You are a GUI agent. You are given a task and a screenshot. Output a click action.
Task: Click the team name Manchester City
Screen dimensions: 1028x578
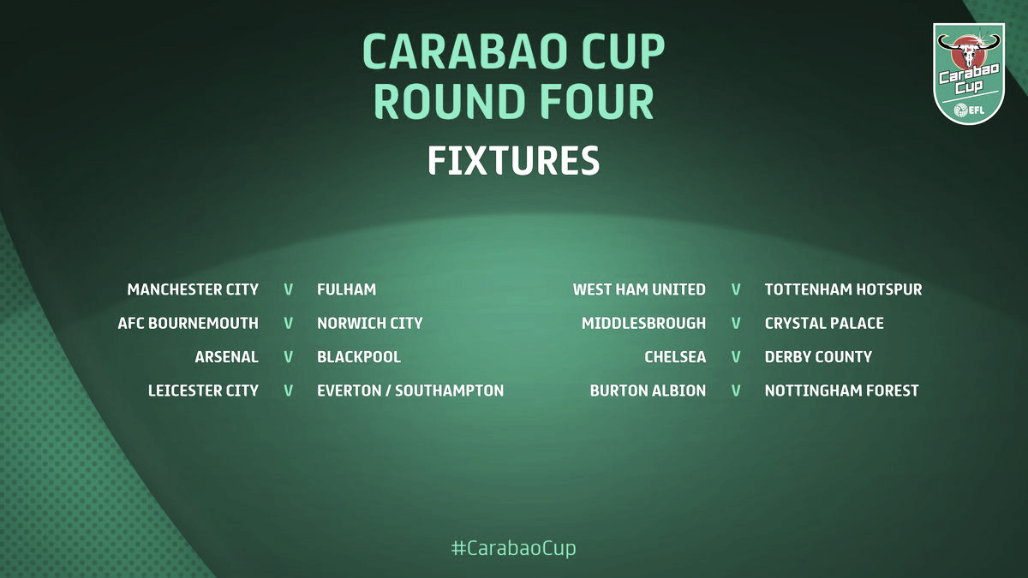click(x=193, y=289)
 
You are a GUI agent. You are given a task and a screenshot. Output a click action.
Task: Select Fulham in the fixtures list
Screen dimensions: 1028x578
click(x=346, y=289)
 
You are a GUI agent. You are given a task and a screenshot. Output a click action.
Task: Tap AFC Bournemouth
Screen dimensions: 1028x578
click(x=188, y=323)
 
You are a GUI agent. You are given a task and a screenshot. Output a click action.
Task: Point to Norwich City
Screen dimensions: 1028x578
click(x=370, y=323)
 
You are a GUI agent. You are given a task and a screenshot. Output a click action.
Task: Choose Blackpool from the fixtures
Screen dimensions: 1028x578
click(x=359, y=357)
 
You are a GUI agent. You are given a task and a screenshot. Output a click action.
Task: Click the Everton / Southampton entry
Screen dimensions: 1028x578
click(x=410, y=390)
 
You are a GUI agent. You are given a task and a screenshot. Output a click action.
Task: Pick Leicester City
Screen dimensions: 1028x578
click(x=203, y=390)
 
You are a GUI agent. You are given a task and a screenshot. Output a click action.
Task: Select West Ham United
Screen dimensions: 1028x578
click(x=639, y=289)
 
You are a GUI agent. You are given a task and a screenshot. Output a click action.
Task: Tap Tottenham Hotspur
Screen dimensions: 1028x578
click(x=844, y=289)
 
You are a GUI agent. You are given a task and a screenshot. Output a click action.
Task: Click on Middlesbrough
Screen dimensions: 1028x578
click(x=644, y=323)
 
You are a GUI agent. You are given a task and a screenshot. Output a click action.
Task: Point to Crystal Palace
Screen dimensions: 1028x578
click(x=824, y=323)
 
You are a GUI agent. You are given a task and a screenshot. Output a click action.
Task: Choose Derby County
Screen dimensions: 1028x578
click(x=818, y=357)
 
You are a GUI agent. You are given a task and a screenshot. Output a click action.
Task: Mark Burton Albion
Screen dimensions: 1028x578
click(x=648, y=390)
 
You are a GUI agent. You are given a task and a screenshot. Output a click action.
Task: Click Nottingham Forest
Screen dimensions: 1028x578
click(x=841, y=390)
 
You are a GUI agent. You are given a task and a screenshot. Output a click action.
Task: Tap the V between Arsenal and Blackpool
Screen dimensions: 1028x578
click(x=288, y=357)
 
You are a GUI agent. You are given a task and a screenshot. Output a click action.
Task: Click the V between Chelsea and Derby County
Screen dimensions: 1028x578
click(x=736, y=357)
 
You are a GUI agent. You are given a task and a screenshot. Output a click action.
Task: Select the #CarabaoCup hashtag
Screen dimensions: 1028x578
click(x=513, y=548)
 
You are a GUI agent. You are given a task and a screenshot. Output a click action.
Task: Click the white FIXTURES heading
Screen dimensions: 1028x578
click(x=513, y=161)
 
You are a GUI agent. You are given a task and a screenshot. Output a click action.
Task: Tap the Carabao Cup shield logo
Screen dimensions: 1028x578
click(x=969, y=74)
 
